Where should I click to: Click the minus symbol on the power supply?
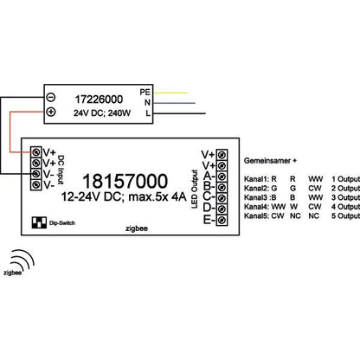point(51,98)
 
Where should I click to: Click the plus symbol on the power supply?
point(51,112)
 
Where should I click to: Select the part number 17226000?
point(99,100)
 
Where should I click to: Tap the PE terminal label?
point(145,92)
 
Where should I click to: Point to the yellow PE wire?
point(170,93)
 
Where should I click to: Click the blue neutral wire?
point(174,103)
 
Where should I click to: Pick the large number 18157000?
point(125,181)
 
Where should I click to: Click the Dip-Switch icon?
point(39,222)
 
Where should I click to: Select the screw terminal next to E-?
point(222,221)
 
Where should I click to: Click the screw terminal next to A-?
point(222,177)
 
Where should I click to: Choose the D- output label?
point(209,208)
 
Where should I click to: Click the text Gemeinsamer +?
point(270,161)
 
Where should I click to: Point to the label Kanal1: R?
point(260,179)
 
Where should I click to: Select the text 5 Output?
point(345,215)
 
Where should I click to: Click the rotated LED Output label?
point(195,189)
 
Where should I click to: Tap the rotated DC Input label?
point(61,170)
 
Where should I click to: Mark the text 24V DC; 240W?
point(102,113)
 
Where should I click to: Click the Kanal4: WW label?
point(265,207)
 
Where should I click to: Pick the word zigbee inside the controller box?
point(137,228)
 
